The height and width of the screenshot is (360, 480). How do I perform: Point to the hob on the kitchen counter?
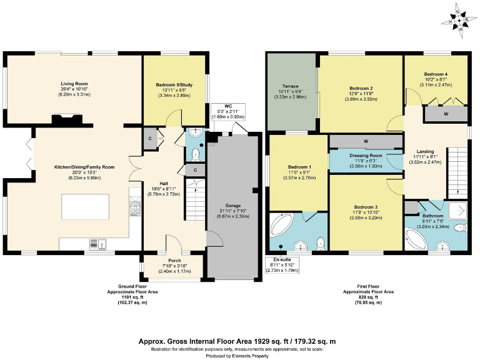[x=134, y=206]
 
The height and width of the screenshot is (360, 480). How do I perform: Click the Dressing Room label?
[x=366, y=155]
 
